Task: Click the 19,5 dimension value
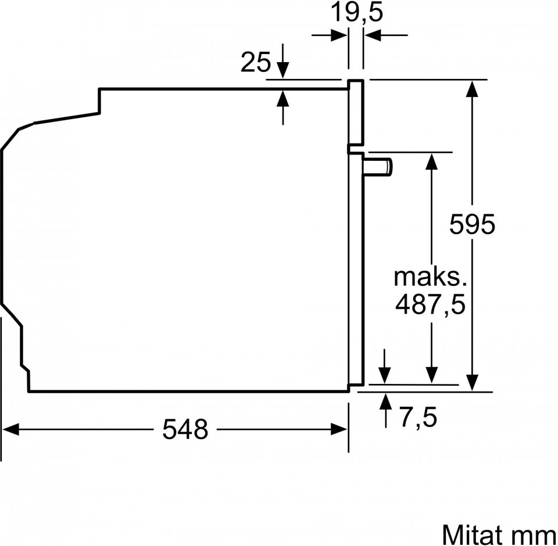pyautogui.click(x=357, y=13)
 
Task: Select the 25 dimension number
pyautogui.click(x=256, y=62)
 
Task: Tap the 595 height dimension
pyautogui.click(x=472, y=224)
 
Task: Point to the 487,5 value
pyautogui.click(x=430, y=305)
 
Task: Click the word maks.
pyautogui.click(x=430, y=277)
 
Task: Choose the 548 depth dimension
pyautogui.click(x=185, y=429)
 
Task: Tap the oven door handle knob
pyautogui.click(x=378, y=167)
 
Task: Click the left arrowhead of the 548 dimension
pyautogui.click(x=10, y=429)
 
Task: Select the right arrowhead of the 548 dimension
pyautogui.click(x=339, y=429)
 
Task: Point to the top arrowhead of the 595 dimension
pyautogui.click(x=472, y=88)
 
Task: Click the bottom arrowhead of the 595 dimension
pyautogui.click(x=472, y=383)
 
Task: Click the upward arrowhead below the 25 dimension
pyautogui.click(x=283, y=98)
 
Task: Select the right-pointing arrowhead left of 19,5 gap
pyautogui.click(x=339, y=35)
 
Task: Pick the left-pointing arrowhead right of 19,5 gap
pyautogui.click(x=372, y=35)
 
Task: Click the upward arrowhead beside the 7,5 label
pyautogui.click(x=385, y=401)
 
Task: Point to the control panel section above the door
pyautogui.click(x=356, y=113)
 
